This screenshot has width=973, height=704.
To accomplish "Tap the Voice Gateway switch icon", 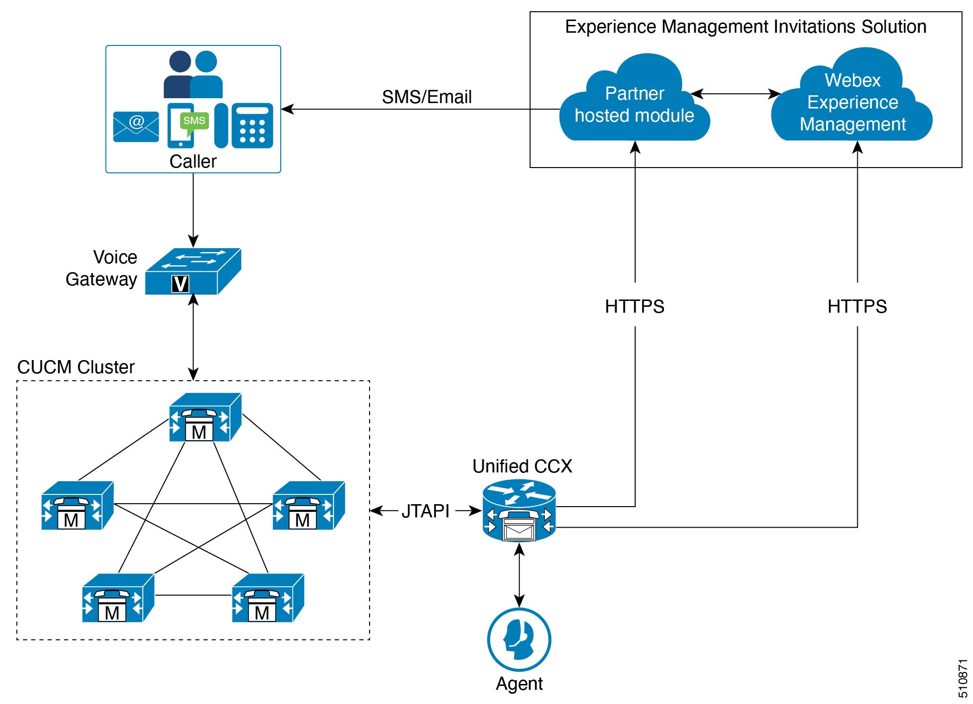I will coord(193,272).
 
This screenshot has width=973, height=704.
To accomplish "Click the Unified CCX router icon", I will coord(519,511).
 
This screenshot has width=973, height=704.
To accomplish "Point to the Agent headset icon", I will coord(519,639).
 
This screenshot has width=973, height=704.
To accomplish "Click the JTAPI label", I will coord(425,511).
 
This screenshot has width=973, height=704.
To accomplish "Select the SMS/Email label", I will coord(427,97).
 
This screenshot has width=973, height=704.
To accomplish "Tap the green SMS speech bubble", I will coord(194,121).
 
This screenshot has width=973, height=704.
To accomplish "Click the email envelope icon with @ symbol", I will coord(136,126).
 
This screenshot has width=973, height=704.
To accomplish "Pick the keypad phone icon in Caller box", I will coord(252,126).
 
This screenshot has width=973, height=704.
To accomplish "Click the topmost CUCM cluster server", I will coord(205,417).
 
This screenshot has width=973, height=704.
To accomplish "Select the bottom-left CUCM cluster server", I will coord(118,598).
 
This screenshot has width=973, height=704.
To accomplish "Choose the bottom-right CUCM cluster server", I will coord(268,598).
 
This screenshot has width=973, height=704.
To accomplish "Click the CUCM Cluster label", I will coord(76,367).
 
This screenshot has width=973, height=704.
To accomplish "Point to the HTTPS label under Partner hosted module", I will coord(635,306).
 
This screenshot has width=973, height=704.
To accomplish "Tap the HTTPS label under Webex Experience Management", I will coord(857,306).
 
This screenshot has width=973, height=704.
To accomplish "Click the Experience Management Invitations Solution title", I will coord(745,26).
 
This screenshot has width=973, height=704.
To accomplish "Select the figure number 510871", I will coord(962,679).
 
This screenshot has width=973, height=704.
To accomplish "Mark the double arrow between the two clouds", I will coord(736,94).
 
